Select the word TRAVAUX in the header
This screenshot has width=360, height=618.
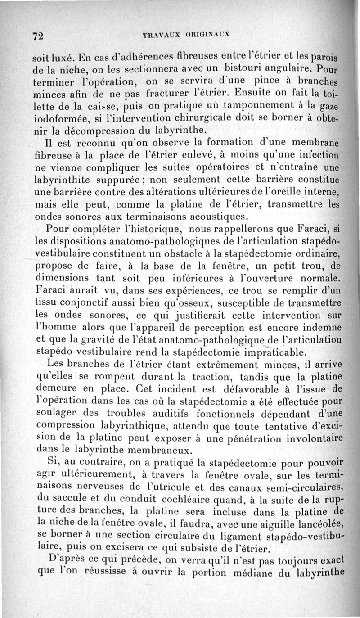(161, 34)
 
